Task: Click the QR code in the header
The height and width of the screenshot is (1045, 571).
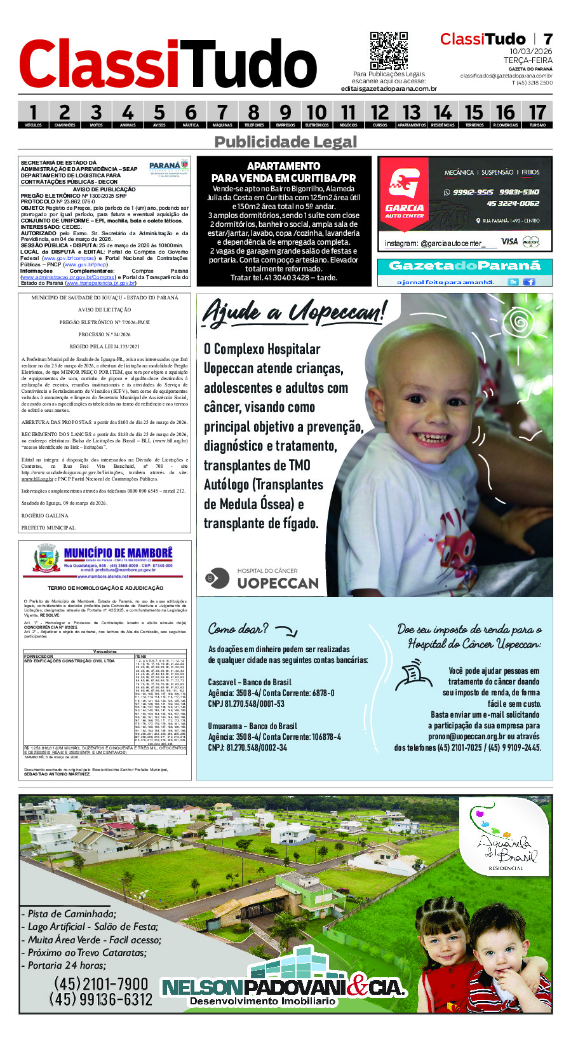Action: coord(389,50)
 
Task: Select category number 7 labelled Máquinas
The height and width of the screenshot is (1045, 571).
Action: coord(222,114)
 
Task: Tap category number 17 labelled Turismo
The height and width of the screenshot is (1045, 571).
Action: coord(537,114)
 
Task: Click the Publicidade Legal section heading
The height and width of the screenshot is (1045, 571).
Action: coord(285,142)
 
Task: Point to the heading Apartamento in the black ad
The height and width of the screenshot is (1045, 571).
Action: coord(283,166)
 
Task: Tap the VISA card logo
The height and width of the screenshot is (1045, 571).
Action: coord(509,242)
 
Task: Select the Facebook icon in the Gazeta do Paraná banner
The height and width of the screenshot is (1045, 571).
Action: coord(528,282)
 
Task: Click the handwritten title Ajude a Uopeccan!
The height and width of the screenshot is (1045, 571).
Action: coord(293,312)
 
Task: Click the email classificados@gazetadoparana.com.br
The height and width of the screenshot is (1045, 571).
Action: coord(506,76)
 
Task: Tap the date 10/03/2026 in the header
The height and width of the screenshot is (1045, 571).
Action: coord(530,51)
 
